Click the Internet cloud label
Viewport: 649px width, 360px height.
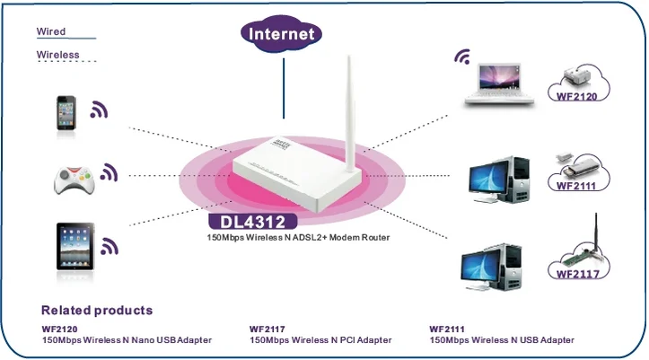283,34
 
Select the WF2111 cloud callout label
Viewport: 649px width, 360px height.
575,185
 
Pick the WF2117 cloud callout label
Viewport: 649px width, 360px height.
576,273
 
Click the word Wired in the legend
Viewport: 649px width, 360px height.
51,31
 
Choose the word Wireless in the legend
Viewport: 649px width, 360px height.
58,55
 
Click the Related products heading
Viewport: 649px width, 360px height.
97,310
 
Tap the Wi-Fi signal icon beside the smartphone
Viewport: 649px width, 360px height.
99,110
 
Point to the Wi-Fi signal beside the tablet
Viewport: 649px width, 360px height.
110,244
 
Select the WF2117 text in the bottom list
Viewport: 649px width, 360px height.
267,329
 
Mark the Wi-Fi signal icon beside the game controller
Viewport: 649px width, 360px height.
109,171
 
